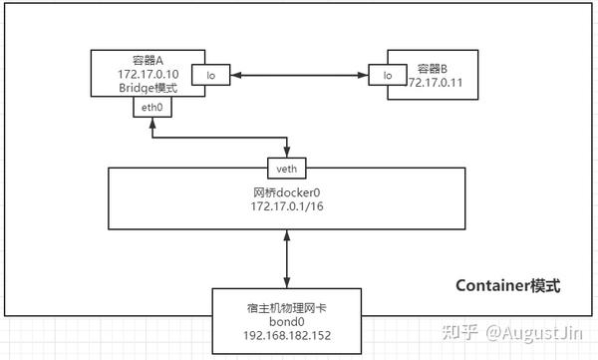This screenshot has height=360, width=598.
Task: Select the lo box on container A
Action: (211, 76)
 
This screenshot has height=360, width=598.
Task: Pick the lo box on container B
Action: (386, 76)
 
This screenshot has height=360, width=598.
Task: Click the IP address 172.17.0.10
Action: (147, 74)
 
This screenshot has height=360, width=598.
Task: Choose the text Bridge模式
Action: (147, 88)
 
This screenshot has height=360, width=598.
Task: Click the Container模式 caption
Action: (508, 286)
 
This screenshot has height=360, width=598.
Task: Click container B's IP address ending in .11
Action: (438, 82)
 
